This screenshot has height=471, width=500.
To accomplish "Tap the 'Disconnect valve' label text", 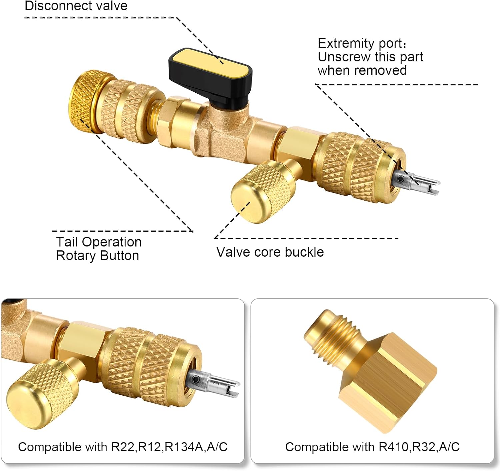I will click(x=76, y=6).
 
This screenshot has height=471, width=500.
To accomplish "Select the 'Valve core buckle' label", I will click(x=270, y=252).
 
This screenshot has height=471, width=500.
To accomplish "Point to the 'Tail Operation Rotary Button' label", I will click(x=98, y=249).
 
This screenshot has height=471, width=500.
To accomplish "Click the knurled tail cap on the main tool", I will click(x=82, y=102).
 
